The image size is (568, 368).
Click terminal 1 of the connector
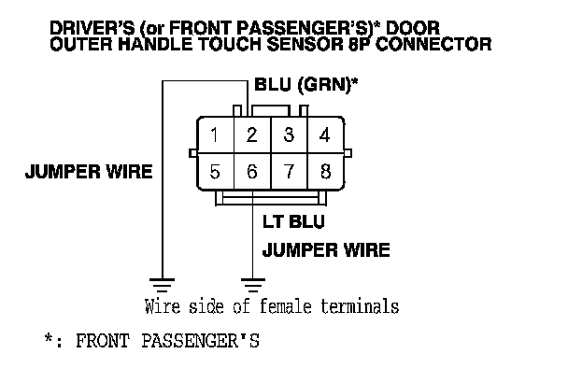(216, 134)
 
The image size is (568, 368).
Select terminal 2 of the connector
(252, 134)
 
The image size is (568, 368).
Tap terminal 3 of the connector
(289, 134)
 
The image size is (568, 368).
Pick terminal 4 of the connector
(325, 134)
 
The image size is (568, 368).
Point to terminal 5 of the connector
(216, 171)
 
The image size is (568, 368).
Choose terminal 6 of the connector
(252, 171)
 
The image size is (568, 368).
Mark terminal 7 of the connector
(289, 171)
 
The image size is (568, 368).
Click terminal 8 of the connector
(325, 171)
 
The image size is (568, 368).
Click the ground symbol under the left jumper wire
(162, 285)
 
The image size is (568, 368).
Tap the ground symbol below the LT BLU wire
(253, 285)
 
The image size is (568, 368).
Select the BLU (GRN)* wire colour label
(305, 85)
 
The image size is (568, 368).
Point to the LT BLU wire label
(293, 221)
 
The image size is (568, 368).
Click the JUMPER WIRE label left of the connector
(89, 171)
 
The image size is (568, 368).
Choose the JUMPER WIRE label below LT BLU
(326, 250)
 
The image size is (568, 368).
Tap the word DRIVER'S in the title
(92, 28)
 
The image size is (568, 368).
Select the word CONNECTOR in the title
(433, 45)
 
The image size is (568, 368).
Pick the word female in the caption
(286, 306)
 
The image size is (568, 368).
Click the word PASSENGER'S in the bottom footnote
(200, 341)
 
